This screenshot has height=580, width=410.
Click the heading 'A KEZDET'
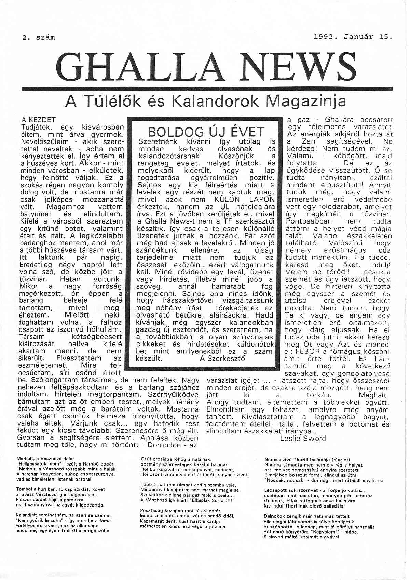pyautogui.click(x=38, y=120)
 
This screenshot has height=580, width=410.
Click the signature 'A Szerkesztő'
pyautogui.click(x=222, y=359)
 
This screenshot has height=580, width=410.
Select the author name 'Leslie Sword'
pyautogui.click(x=303, y=438)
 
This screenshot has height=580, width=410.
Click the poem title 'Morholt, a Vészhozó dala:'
pyautogui.click(x=45, y=458)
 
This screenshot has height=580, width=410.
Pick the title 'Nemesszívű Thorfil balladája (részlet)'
pyautogui.click(x=307, y=460)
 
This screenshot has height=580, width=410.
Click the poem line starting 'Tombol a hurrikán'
pyautogui.click(x=60, y=489)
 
